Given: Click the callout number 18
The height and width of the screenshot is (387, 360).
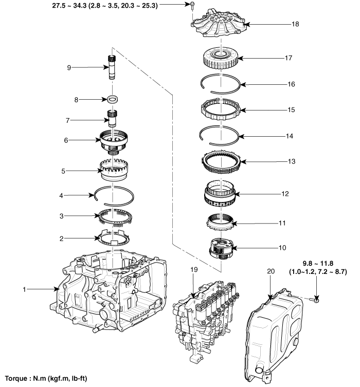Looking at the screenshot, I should point(281,24).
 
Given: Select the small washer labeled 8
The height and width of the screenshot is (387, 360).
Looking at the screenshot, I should point(112,99).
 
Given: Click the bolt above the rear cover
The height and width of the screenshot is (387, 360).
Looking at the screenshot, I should point(192,6).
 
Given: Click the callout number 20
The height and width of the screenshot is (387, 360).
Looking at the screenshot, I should point(272,271).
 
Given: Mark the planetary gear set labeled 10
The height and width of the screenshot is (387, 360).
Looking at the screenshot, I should point(221,248).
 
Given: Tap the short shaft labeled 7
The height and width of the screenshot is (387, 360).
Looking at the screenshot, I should point(112,119).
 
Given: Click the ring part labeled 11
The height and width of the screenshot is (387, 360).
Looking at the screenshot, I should point(221,224).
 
